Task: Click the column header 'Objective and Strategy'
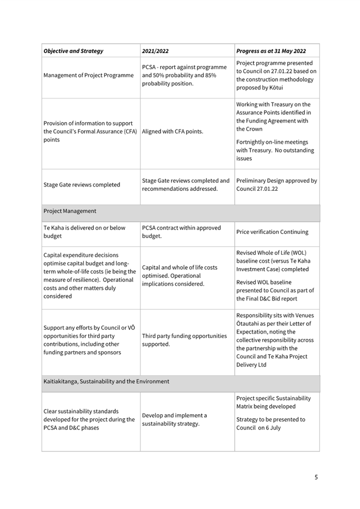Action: (x=74, y=51)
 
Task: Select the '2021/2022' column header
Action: (x=155, y=51)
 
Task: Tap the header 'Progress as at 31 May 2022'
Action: (x=271, y=51)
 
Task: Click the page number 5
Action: (x=316, y=477)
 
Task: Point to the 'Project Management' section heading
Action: (x=70, y=211)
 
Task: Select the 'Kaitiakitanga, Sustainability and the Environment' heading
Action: (x=106, y=382)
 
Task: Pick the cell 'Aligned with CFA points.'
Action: (x=172, y=132)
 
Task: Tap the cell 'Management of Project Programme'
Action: (x=89, y=75)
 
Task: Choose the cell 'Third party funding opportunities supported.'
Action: (x=184, y=340)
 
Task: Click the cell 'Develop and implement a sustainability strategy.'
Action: (x=174, y=419)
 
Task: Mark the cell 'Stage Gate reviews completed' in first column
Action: (x=82, y=185)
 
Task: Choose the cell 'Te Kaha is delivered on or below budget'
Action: (x=84, y=232)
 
